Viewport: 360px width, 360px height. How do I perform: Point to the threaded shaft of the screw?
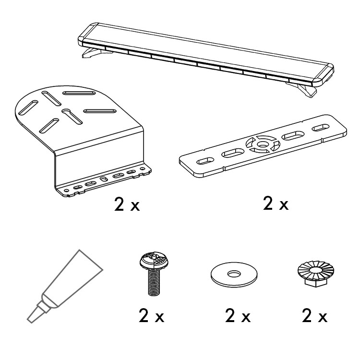pos(154,282)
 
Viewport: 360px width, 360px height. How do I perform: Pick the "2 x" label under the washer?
pos(238,316)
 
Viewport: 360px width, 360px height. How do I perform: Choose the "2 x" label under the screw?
pos(152,316)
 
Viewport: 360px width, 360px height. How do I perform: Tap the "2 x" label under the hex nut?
pos(314,316)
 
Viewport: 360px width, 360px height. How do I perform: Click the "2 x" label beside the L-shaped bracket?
pos(127,204)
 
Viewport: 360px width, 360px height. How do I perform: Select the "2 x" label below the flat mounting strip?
pos(276,204)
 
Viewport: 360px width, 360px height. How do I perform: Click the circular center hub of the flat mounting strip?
pos(263,144)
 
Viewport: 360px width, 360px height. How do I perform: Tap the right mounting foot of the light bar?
pos(303,90)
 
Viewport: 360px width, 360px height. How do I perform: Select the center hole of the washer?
pos(234,274)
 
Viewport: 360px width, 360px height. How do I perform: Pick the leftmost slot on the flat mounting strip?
pos(205,161)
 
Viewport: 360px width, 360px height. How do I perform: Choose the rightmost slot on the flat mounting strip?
pos(321,128)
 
